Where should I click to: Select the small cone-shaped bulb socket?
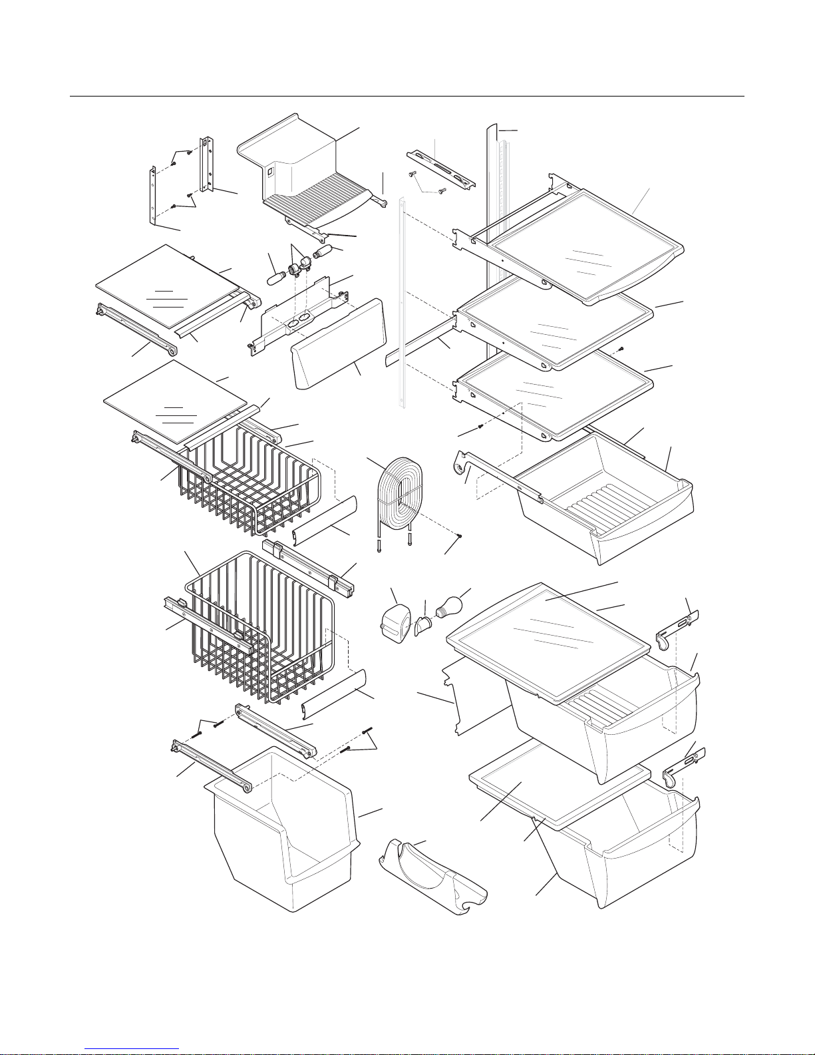[x=422, y=626]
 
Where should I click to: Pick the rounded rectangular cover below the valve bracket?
[x=339, y=343]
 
